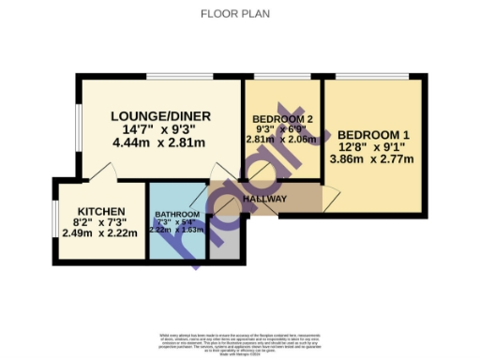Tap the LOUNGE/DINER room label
pyautogui.click(x=160, y=116)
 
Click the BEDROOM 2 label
pyautogui.click(x=282, y=119)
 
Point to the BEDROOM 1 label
pyautogui.click(x=373, y=134)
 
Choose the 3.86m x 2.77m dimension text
pyautogui.click(x=373, y=160)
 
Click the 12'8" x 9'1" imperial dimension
pyautogui.click(x=373, y=147)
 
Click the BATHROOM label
pyautogui.click(x=177, y=215)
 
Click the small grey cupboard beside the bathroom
pyautogui.click(x=224, y=239)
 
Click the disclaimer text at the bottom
pyautogui.click(x=240, y=343)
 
